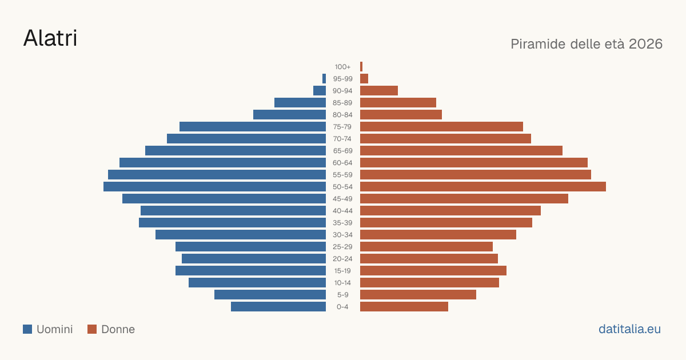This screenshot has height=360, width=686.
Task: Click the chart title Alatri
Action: coord(50,38)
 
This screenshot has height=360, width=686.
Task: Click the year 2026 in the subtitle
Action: coord(645,44)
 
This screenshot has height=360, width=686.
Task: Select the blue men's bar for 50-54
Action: coord(215,187)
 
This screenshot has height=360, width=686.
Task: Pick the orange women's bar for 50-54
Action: coord(483,187)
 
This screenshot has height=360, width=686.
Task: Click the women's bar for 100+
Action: coord(361,67)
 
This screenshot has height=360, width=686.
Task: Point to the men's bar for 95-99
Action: coord(324,79)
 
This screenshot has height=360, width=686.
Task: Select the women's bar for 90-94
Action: coord(379,91)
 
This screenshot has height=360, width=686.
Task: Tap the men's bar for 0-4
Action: coord(278,307)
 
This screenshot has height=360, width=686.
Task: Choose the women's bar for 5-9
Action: coord(418,295)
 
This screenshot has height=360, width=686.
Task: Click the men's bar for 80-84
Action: coord(289,115)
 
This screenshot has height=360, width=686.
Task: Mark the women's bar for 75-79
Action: coord(441,127)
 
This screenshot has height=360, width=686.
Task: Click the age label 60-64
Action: coord(342,163)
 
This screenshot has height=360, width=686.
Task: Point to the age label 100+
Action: coord(342,67)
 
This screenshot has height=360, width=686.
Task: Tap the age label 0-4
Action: coord(342,307)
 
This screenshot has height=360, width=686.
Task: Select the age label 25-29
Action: coord(342,247)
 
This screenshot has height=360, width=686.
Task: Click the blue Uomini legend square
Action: coord(27,329)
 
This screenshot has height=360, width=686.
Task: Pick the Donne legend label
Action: coord(118,329)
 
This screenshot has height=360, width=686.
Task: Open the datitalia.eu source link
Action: coord(629,329)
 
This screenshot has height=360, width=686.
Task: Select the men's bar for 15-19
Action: coord(250,271)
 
